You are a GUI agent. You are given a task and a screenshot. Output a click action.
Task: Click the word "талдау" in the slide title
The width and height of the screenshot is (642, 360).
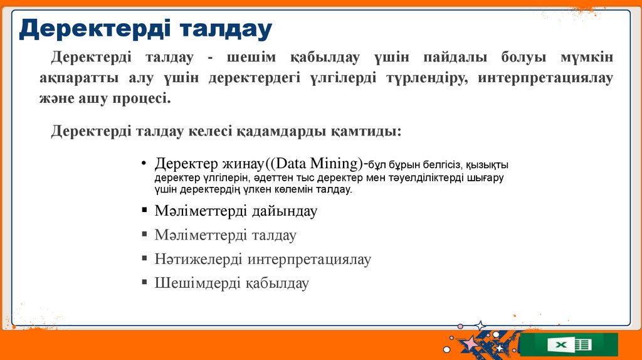tap(226, 29)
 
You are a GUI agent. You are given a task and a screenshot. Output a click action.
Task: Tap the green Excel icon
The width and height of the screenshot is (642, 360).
tap(569, 344)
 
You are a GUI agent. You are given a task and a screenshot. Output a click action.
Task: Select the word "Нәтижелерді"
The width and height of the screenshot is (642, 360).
tap(199, 259)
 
